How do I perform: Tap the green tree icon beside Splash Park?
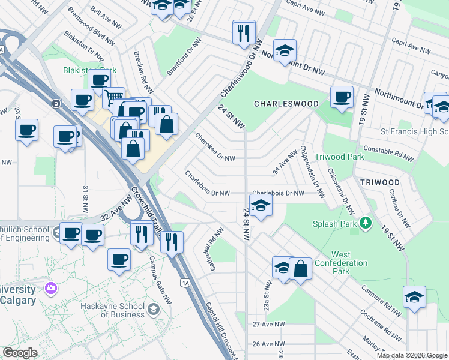366,224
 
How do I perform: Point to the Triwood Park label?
348,156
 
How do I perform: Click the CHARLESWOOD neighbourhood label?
286,104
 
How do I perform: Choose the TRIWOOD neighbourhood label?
380,182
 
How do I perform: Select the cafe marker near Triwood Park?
342,97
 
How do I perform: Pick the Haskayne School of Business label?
114,310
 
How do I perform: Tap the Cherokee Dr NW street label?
214,147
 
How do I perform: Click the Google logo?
20,353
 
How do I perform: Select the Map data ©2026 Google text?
411,355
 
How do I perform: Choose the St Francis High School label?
414,131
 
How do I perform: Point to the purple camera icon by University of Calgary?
51,288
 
